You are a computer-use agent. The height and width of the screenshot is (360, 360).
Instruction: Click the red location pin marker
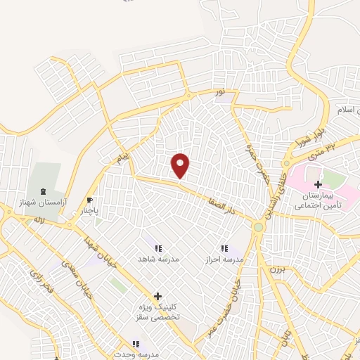pos(181,165)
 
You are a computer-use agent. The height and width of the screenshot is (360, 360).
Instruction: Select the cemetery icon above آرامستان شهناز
pos(44,191)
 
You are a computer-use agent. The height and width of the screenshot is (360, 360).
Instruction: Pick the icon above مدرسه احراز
pos(224,248)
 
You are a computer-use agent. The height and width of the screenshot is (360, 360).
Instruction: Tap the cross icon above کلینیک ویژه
pos(157,296)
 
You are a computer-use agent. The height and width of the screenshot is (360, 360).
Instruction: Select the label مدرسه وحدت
pos(136,354)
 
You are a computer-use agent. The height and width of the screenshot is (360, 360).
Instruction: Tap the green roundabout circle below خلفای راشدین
pos(259,227)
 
